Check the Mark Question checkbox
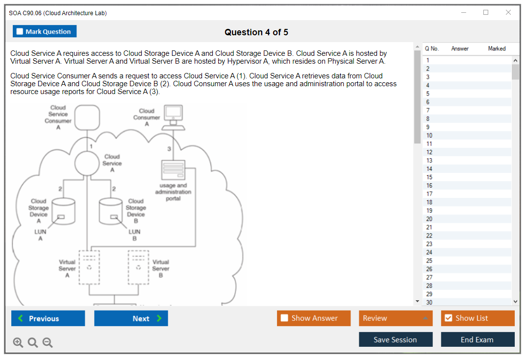coord(20,31)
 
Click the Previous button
coord(48,318)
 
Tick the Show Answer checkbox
coord(284,318)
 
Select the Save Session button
coord(396,339)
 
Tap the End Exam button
coord(477,339)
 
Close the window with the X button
coord(508,13)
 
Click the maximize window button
coord(486,13)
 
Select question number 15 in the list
coord(429,177)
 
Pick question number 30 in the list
coord(429,302)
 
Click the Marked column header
coord(497,48)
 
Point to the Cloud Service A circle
coord(87,163)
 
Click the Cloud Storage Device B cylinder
coord(111,211)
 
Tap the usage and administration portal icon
coord(174,170)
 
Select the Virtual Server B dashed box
coord(138,267)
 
